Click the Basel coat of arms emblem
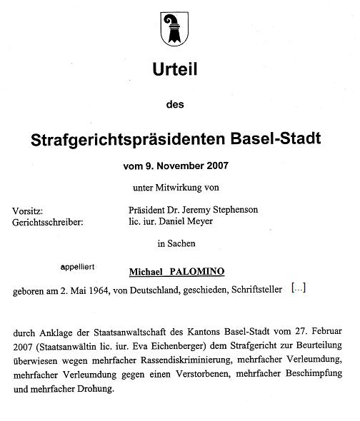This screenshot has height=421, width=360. click(x=174, y=26)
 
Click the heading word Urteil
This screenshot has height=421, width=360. click(x=174, y=70)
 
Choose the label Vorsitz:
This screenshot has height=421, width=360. click(x=28, y=211)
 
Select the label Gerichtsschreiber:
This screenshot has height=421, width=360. click(x=48, y=222)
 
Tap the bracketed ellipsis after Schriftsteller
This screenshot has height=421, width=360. click(x=299, y=288)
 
